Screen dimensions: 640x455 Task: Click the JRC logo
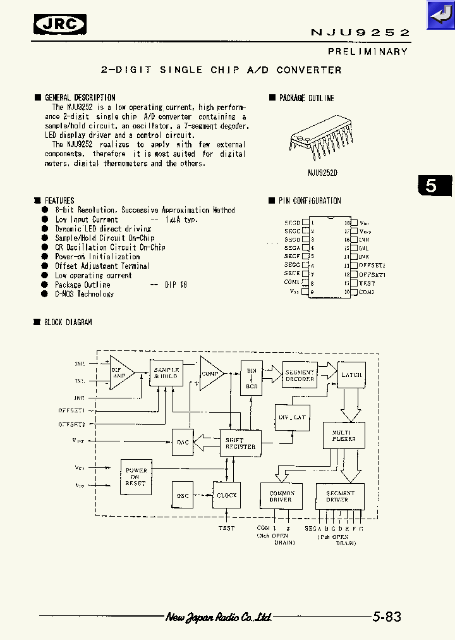tap(60, 24)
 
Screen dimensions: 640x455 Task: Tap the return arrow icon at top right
tap(440, 15)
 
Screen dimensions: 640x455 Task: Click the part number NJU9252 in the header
tap(360, 32)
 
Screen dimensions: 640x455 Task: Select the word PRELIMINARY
tap(367, 51)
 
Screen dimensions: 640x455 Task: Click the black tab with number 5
tap(434, 186)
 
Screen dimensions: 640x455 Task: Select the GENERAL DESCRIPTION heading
tap(80, 98)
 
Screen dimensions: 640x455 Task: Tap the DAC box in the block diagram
tap(183, 442)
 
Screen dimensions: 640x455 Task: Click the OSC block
tap(183, 495)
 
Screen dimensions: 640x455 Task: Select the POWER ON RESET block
tap(136, 477)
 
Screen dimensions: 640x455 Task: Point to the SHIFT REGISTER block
tap(240, 443)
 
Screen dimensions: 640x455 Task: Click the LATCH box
tap(351, 375)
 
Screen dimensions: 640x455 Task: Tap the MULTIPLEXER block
tap(344, 435)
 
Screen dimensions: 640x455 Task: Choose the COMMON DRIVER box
tap(282, 496)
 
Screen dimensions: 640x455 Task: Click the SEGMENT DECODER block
tap(300, 376)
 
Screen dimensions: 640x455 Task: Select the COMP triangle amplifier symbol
tap(210, 374)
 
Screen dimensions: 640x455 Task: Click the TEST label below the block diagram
tap(226, 527)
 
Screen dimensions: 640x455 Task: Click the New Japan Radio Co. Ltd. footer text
tap(219, 617)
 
